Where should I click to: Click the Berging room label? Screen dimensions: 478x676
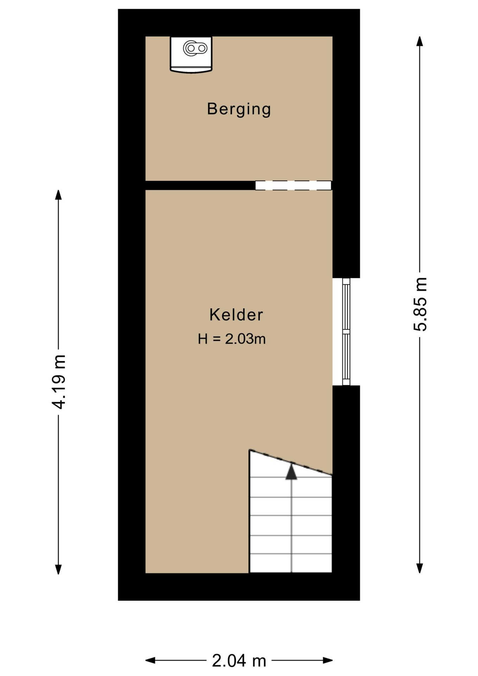click(239, 109)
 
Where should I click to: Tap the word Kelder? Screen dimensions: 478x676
click(236, 315)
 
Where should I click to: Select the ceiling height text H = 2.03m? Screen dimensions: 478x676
click(232, 339)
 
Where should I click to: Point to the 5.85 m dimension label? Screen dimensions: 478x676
click(420, 304)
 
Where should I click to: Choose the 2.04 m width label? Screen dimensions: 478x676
click(239, 661)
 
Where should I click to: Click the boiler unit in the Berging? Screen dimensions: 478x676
click(191, 54)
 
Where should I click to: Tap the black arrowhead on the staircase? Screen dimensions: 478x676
click(291, 472)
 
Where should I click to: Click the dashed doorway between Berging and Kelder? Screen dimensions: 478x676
click(293, 185)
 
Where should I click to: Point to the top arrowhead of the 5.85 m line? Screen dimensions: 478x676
click(420, 41)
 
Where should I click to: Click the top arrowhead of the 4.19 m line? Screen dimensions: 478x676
click(58, 195)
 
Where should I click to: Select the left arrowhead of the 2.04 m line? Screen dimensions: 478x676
click(150, 660)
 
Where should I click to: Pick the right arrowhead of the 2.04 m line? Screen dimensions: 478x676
click(328, 660)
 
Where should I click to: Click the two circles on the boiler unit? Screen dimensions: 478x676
click(195, 48)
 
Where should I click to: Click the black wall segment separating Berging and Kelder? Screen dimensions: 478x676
click(200, 185)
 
